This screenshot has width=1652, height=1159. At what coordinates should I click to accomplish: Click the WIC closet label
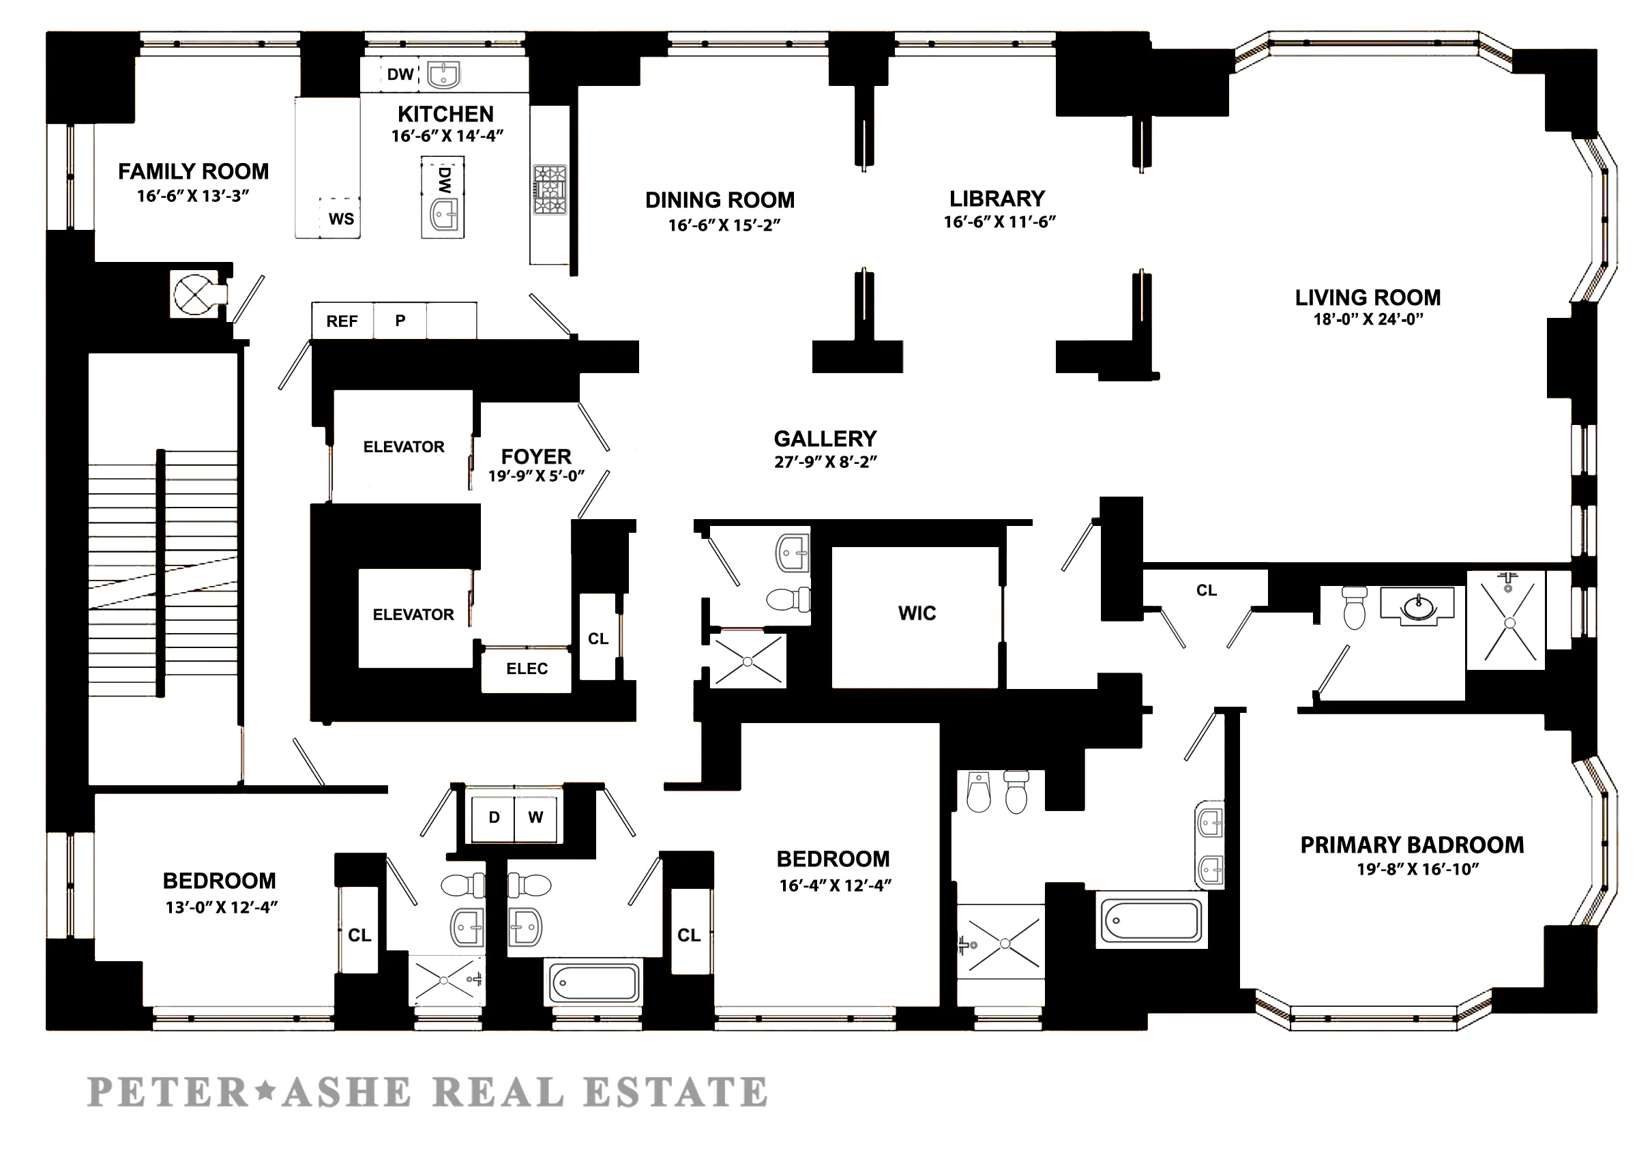pyautogui.click(x=917, y=613)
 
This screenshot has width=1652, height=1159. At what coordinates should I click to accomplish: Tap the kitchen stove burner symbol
pyautogui.click(x=550, y=190)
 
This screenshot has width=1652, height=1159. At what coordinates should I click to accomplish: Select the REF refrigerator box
pyautogui.click(x=342, y=321)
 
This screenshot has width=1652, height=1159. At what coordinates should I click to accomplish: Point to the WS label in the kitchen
pyautogui.click(x=341, y=219)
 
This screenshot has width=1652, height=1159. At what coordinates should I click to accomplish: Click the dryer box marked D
pyautogui.click(x=494, y=817)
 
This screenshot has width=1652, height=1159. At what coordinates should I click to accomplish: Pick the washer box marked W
pyautogui.click(x=535, y=817)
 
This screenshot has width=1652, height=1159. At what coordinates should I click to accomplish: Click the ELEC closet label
pyautogui.click(x=527, y=669)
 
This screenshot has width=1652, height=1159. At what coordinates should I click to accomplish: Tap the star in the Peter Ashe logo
pyautogui.click(x=265, y=1091)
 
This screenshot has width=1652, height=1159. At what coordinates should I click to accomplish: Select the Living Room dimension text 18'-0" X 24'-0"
pyautogui.click(x=1368, y=319)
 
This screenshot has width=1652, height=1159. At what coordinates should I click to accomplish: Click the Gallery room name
pyautogui.click(x=825, y=439)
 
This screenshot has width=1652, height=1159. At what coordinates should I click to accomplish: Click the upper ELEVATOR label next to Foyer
pyautogui.click(x=404, y=447)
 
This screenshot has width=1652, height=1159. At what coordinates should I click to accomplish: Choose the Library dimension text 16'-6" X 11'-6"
pyautogui.click(x=999, y=222)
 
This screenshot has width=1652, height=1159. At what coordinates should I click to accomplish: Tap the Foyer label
pyautogui.click(x=536, y=457)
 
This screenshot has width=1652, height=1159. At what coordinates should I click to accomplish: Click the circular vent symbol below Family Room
pyautogui.click(x=194, y=294)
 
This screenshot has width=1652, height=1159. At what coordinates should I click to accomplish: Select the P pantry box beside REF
pyautogui.click(x=400, y=321)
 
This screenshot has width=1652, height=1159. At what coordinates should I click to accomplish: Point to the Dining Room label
pyautogui.click(x=720, y=200)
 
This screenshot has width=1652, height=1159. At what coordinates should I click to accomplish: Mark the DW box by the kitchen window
pyautogui.click(x=400, y=74)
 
